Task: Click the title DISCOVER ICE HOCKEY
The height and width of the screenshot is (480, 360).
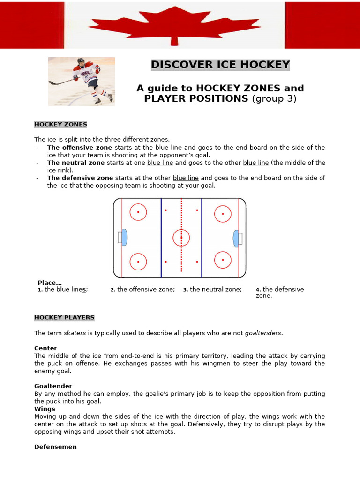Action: click(x=220, y=65)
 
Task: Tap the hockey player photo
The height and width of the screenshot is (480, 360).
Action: click(x=82, y=81)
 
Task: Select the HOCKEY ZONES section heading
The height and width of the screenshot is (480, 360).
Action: click(x=60, y=124)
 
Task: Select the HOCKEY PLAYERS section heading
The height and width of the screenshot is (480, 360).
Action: click(x=64, y=317)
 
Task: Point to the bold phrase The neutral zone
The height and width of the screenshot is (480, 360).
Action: click(x=76, y=163)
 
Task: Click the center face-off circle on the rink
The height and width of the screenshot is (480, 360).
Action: click(x=181, y=238)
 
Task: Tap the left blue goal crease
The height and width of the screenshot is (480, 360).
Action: click(x=124, y=238)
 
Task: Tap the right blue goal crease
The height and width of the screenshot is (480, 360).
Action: click(x=236, y=238)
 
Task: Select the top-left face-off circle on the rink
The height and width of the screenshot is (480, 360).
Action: click(x=138, y=212)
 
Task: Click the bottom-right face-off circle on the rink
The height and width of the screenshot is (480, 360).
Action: click(x=223, y=260)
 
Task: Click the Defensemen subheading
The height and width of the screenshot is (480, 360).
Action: click(x=55, y=447)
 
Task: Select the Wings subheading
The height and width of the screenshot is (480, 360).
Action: click(x=45, y=409)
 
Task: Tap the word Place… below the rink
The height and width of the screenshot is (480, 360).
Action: click(x=50, y=283)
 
